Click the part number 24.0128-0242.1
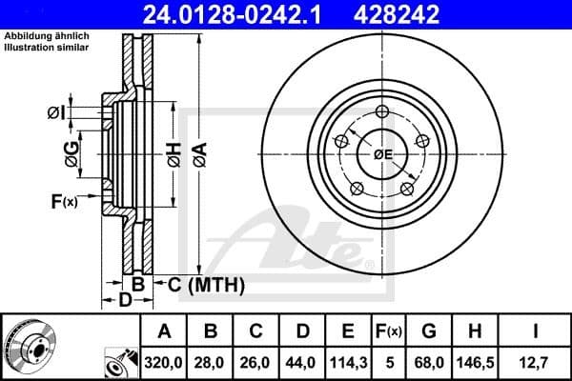[x=235, y=14]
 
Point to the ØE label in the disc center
[x=383, y=154]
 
